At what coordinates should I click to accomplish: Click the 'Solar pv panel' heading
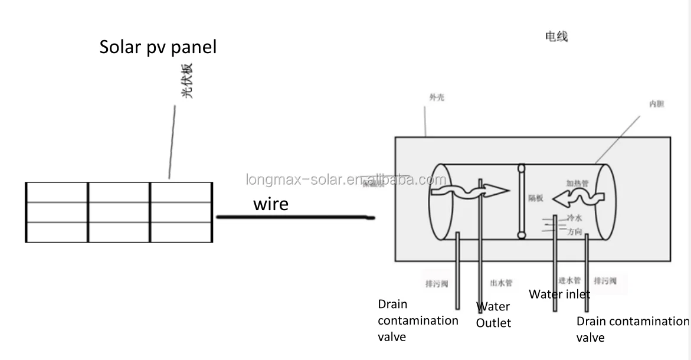click(x=158, y=47)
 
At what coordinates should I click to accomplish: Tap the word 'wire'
click(x=271, y=204)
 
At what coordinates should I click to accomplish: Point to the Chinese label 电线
click(x=556, y=37)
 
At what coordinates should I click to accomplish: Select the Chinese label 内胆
click(x=656, y=104)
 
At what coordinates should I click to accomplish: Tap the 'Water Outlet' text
click(x=493, y=315)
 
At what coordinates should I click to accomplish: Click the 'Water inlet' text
click(x=559, y=294)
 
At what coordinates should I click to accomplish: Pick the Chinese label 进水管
click(x=569, y=280)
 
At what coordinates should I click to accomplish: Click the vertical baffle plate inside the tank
click(x=521, y=201)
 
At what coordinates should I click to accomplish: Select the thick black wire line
click(x=295, y=218)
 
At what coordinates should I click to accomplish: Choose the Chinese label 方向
click(x=575, y=232)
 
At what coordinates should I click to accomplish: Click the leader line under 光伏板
click(x=172, y=142)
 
